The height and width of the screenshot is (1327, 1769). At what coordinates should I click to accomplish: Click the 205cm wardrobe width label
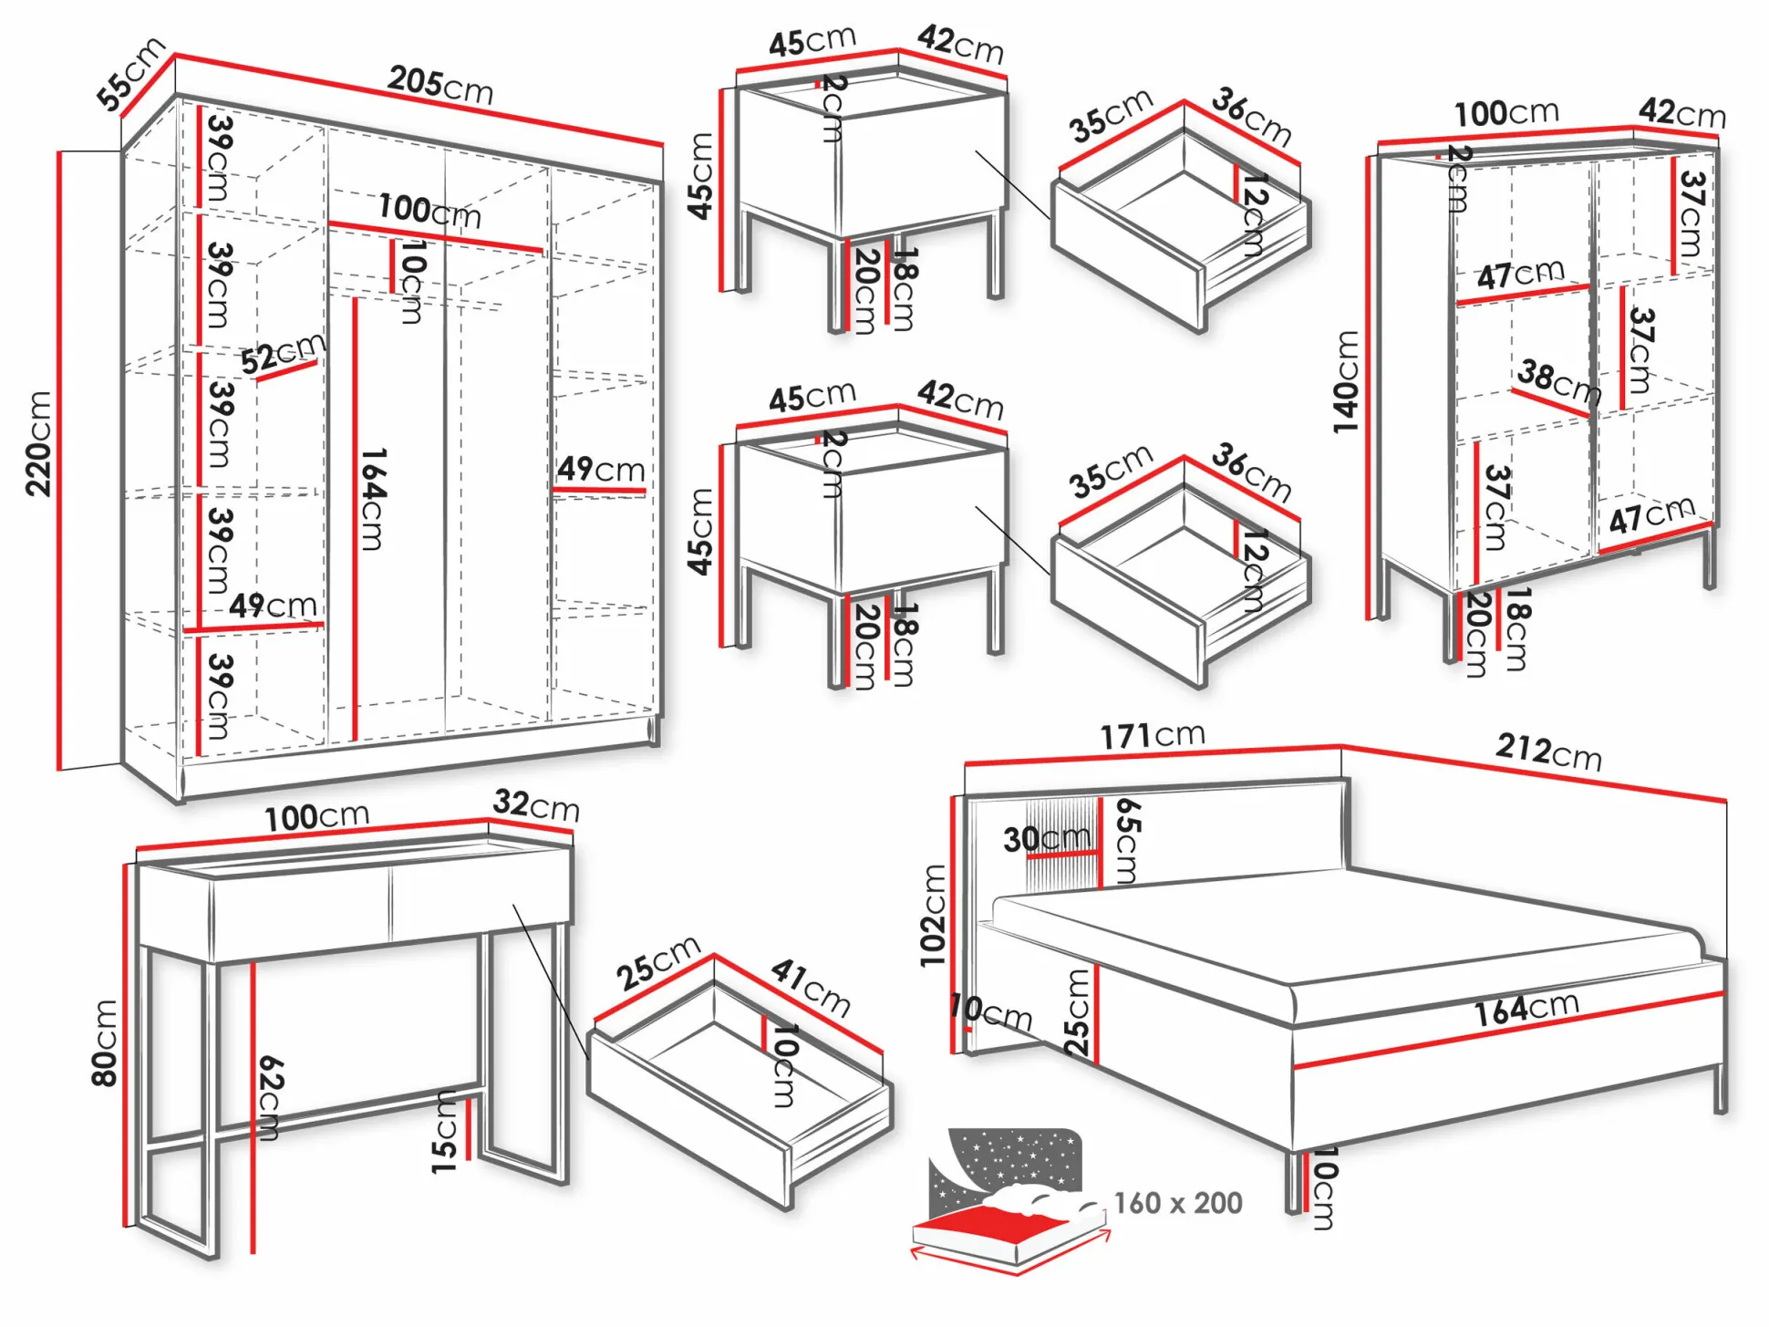440,85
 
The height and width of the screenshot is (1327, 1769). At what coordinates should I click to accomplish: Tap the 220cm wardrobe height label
38,444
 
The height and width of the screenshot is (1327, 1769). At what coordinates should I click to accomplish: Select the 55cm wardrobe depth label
130,74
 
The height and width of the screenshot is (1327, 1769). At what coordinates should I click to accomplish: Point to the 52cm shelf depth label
283,352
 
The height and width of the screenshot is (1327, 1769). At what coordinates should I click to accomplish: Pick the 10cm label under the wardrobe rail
412,282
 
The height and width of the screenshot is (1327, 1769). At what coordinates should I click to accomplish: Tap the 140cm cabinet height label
1345,381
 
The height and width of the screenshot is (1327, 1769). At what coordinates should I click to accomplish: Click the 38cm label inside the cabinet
1558,381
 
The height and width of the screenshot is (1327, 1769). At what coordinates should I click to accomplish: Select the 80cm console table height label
105,1043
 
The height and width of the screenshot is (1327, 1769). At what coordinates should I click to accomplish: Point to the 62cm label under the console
270,1097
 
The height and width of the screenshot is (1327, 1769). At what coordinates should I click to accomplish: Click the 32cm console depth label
536,804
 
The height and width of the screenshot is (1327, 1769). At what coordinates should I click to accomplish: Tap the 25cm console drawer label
657,962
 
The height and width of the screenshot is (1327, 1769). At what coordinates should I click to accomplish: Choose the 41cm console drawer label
811,987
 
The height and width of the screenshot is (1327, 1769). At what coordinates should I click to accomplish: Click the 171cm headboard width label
1153,734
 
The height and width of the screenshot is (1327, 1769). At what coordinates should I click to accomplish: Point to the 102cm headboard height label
933,916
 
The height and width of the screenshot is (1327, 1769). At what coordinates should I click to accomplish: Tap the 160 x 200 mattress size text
1177,1203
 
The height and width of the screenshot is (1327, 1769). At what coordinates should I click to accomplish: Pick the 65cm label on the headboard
1127,841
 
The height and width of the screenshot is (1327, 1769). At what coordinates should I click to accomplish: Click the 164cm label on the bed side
1526,1008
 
